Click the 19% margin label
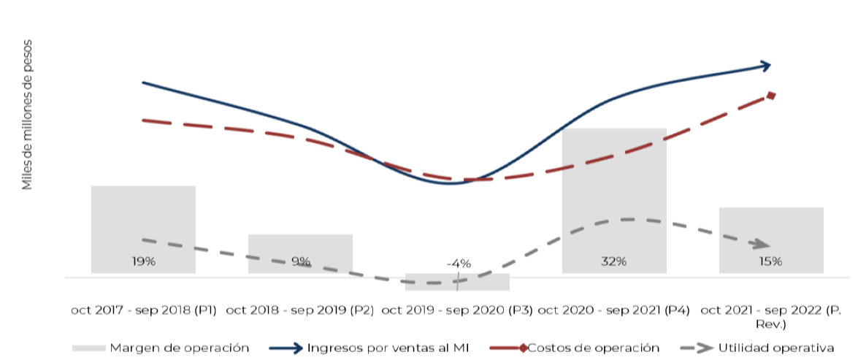click(144, 261)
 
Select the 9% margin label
click(301, 261)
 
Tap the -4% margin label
click(459, 264)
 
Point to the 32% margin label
click(614, 261)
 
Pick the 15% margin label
click(771, 261)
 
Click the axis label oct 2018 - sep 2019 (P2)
click(300, 310)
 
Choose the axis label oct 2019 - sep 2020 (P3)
click(457, 310)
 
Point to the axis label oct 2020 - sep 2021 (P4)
click(614, 310)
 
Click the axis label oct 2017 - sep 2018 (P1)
click(144, 310)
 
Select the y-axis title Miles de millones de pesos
click(28, 115)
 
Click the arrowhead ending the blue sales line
click(766, 66)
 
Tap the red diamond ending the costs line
click(772, 95)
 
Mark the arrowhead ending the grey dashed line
click(761, 245)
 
